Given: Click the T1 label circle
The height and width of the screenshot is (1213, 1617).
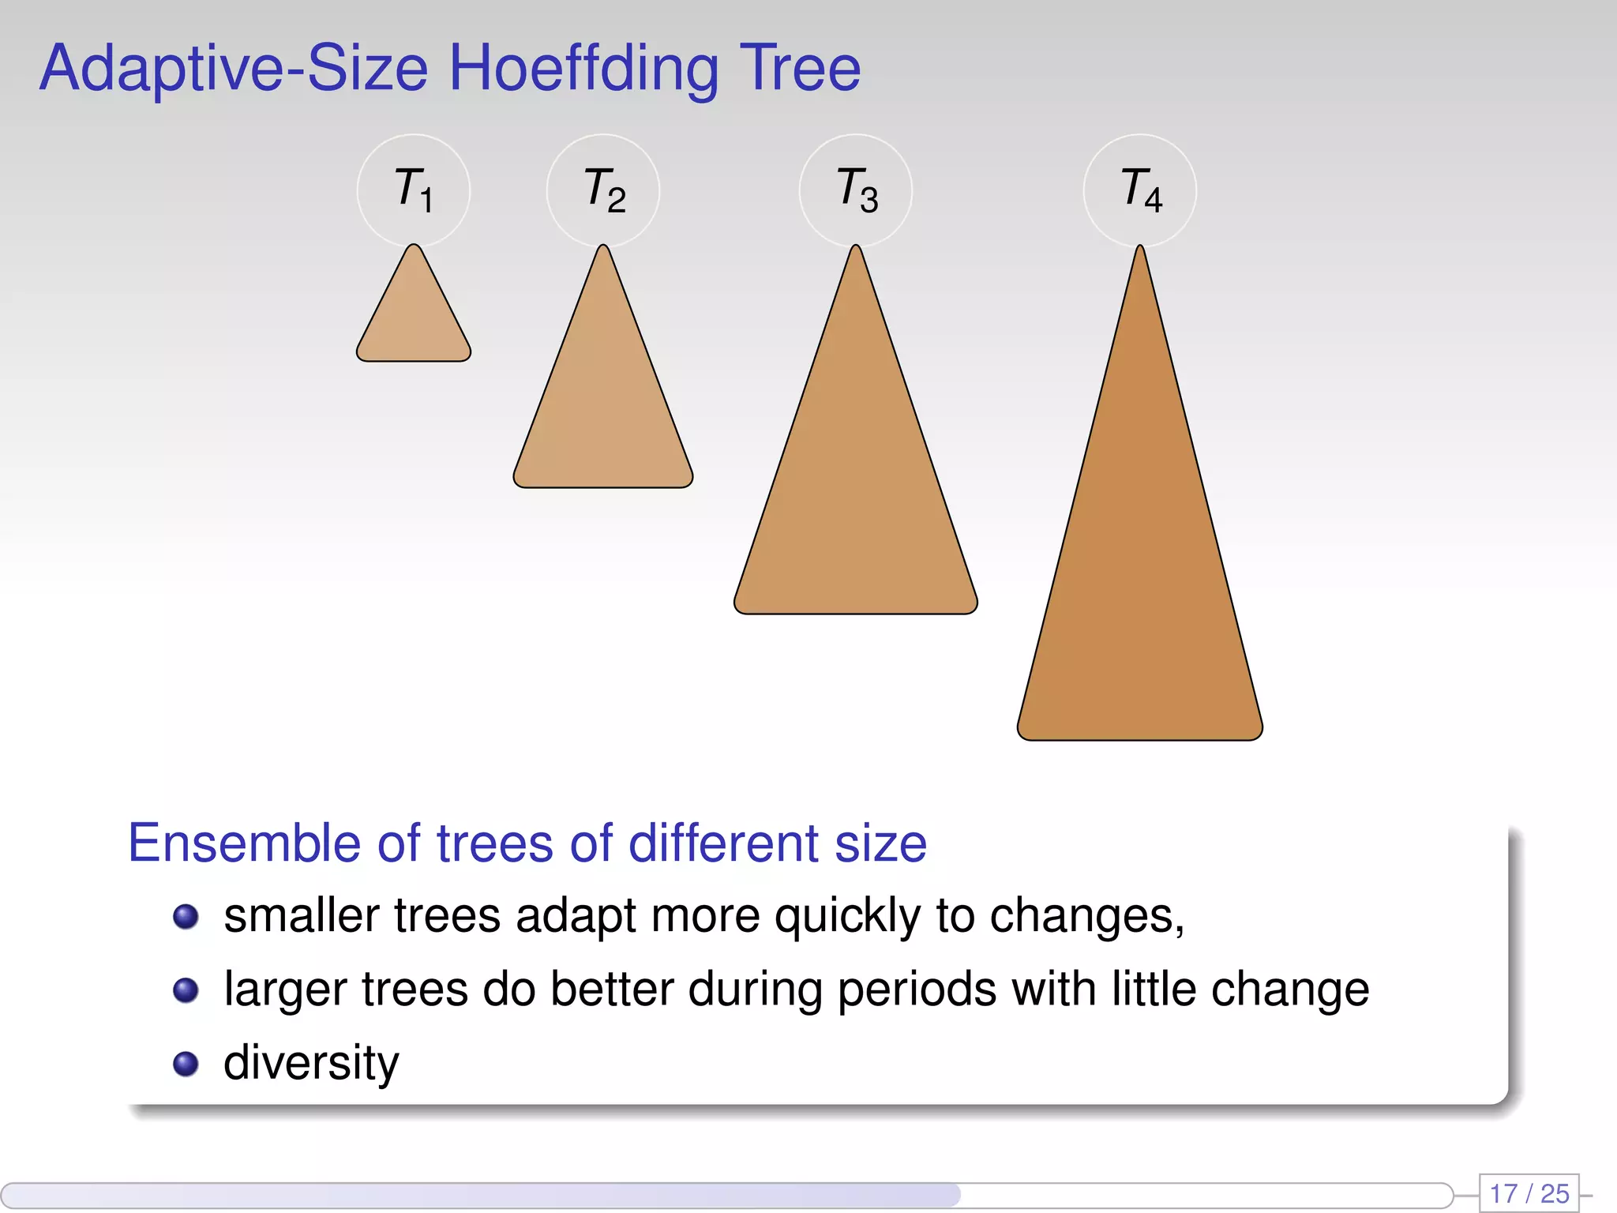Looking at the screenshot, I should tap(414, 190).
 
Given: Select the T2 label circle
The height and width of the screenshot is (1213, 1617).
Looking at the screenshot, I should tap(603, 190).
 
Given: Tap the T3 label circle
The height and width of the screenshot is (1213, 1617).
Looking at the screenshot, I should tap(856, 190).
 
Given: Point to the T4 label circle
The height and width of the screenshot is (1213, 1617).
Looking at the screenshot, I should tap(1140, 190).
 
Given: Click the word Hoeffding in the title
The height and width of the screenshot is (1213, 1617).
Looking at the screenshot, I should tap(584, 69).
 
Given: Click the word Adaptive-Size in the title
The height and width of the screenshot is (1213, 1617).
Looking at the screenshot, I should tap(234, 69).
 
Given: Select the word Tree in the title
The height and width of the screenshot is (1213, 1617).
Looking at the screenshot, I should tap(799, 69).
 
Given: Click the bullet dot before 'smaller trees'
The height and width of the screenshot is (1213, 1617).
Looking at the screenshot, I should tap(186, 917).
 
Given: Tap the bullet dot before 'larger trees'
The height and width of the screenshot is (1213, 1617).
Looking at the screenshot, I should tap(186, 990).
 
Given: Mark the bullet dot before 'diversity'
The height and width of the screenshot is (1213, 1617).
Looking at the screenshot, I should tap(186, 1064).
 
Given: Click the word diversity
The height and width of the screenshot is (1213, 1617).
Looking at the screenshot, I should tap(311, 1064).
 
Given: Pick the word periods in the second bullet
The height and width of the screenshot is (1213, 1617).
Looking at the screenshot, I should tap(917, 990).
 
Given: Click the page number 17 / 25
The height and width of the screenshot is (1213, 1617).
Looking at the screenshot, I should tap(1529, 1193).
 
